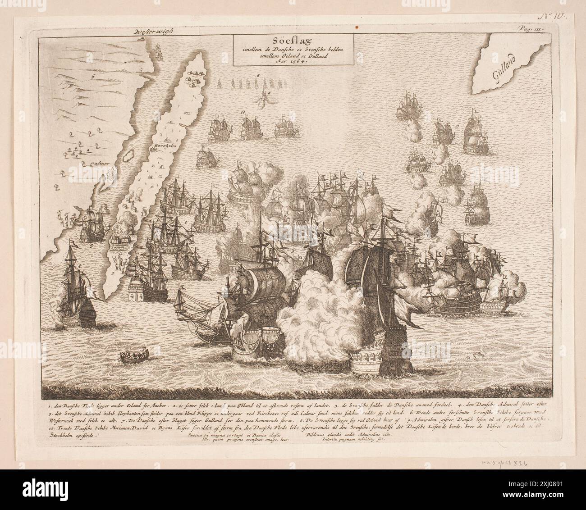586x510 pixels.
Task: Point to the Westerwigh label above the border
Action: click(154, 32)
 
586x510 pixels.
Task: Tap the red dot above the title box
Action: click(357, 27)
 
